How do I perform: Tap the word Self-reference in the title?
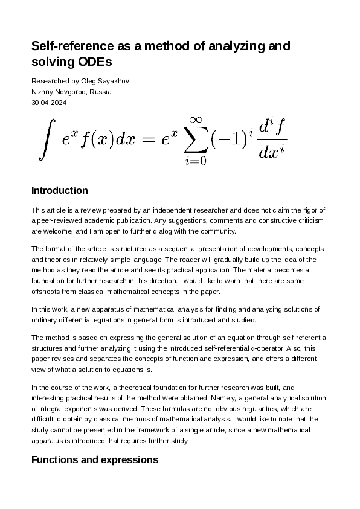point(68,46)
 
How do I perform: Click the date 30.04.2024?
point(49,103)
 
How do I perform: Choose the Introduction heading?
point(59,191)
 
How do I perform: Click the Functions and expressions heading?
point(94,460)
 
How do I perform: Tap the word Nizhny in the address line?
point(42,92)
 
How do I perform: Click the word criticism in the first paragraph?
point(310,221)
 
